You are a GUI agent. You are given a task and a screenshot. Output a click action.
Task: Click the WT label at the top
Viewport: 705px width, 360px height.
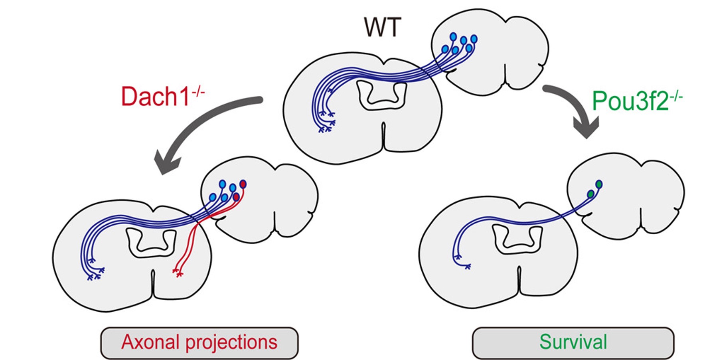pos(382,27)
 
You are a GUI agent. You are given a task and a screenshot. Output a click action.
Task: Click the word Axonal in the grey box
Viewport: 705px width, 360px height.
pos(150,342)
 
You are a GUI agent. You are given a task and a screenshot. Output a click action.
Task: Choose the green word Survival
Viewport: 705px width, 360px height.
pos(573,342)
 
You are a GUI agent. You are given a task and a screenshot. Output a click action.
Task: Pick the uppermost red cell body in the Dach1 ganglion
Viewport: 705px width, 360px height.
pos(243,184)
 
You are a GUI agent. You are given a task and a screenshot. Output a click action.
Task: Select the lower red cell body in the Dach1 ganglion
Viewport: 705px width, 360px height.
pos(236,197)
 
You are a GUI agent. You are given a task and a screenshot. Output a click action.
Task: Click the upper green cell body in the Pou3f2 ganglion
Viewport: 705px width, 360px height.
pos(599,184)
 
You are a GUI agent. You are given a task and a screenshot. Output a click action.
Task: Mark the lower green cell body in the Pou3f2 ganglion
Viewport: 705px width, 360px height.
pos(590,194)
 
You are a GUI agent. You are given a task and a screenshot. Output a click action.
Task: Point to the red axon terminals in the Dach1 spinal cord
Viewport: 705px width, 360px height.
pos(178,273)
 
